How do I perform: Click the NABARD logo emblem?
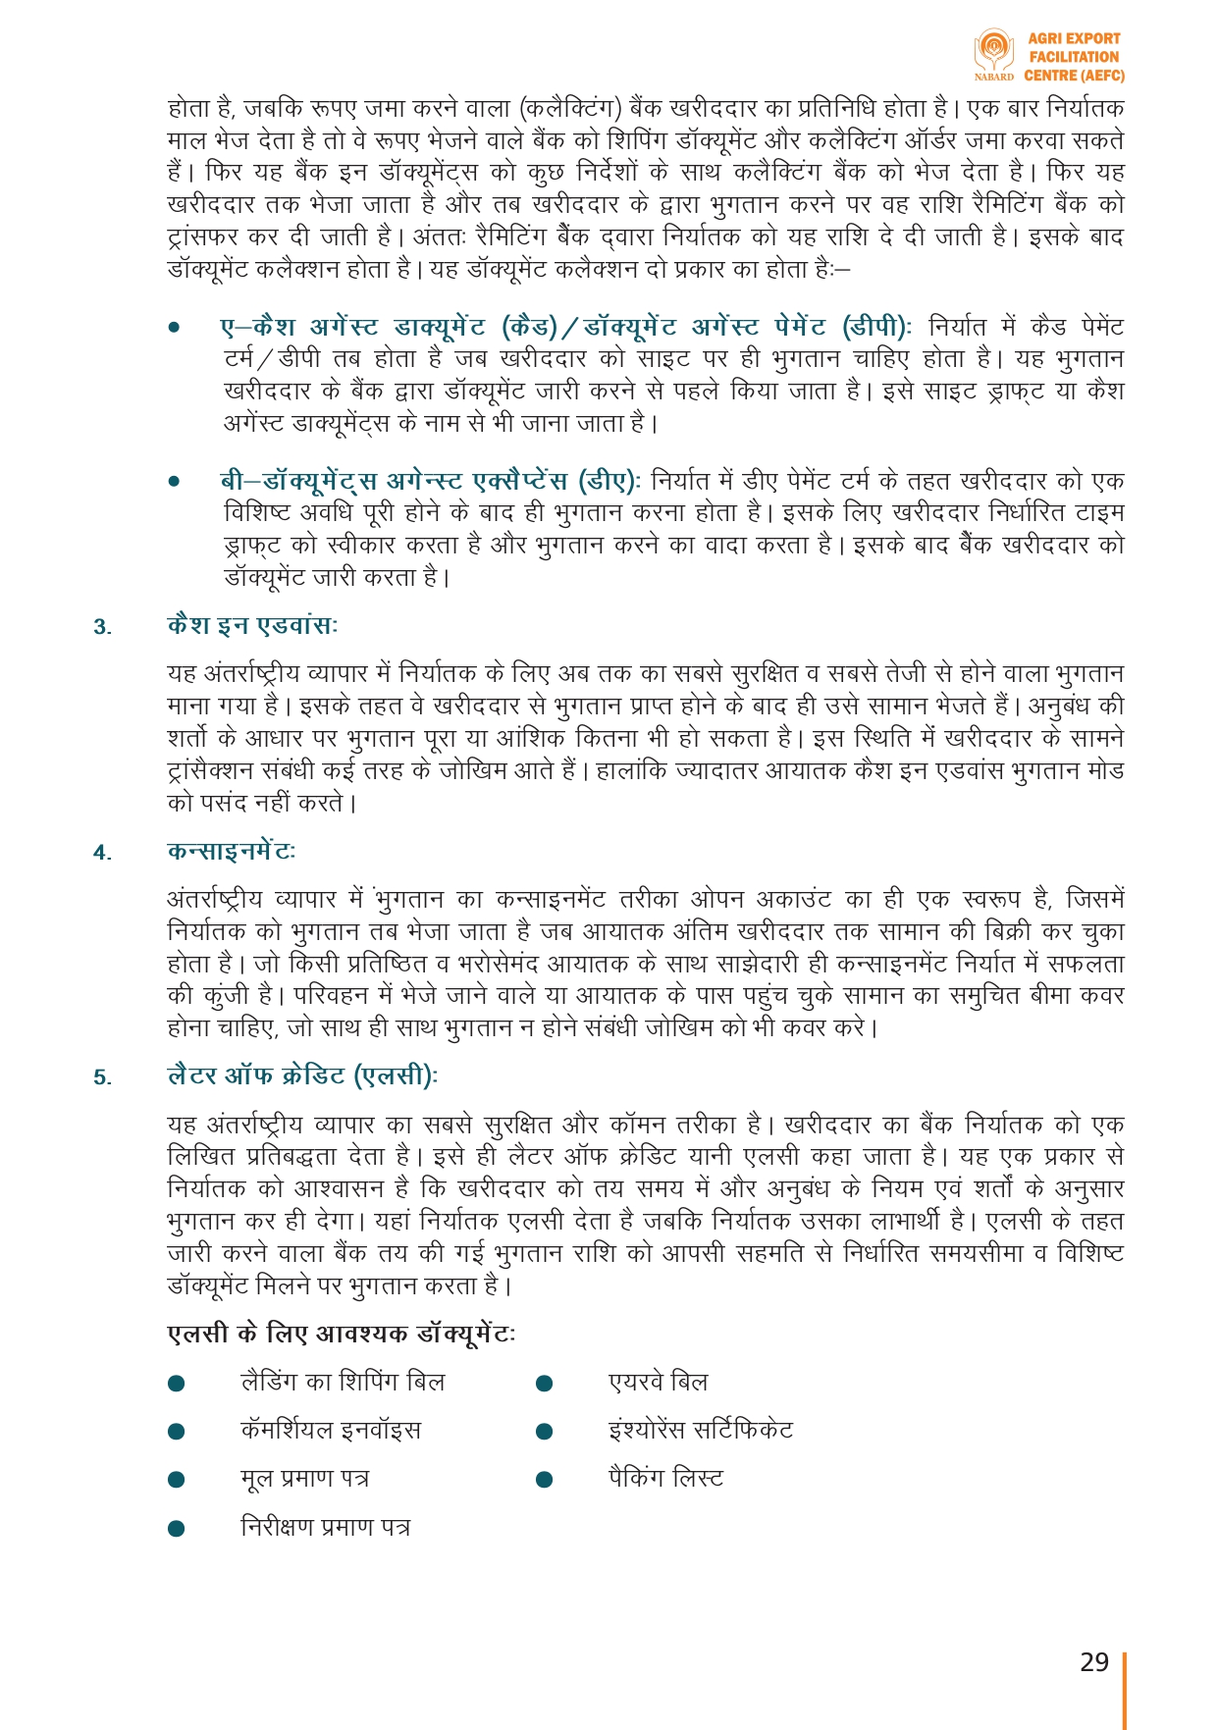pos(993,51)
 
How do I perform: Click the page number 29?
pos(1093,1662)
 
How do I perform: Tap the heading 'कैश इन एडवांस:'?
pos(252,626)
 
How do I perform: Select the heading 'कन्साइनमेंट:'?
pos(231,852)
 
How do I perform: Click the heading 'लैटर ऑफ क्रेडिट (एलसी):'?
pos(302,1076)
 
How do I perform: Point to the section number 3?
pos(102,628)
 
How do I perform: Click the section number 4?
pos(102,853)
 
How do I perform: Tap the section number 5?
pos(102,1078)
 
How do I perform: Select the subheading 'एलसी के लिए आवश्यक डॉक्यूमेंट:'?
pos(341,1335)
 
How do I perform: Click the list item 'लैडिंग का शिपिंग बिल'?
pos(343,1383)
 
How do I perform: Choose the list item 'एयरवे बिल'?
pos(658,1383)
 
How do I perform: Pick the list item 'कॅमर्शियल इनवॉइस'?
pos(331,1431)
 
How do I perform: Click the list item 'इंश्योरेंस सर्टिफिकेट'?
pos(701,1431)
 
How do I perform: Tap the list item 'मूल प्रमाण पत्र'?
pos(305,1479)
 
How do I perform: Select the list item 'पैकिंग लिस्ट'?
pos(665,1479)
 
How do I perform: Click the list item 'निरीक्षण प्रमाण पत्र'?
pos(326,1528)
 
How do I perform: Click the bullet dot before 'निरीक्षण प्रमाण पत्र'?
pos(177,1529)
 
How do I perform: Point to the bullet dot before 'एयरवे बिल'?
pos(545,1384)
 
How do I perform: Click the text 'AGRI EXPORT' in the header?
pos(1074,39)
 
